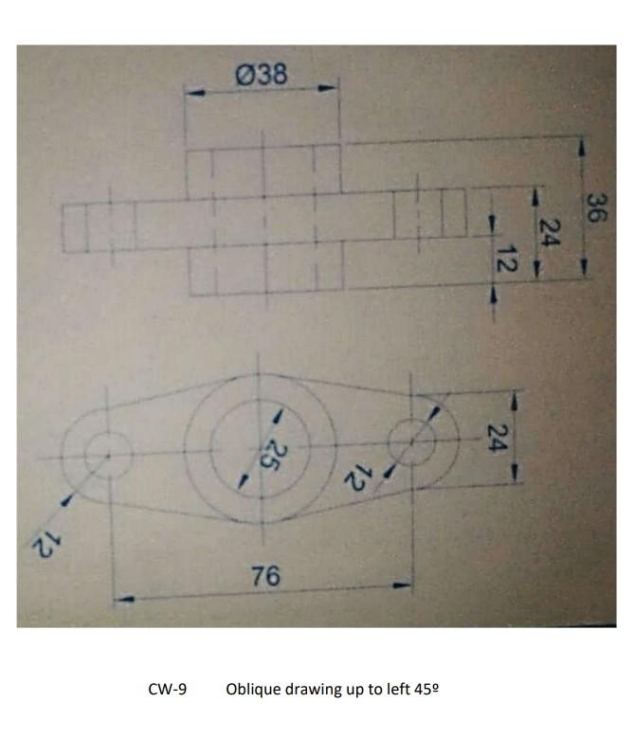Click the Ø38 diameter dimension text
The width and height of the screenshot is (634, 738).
point(261,74)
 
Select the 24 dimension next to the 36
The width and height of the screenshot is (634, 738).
point(549,231)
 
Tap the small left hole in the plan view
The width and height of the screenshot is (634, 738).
point(107,455)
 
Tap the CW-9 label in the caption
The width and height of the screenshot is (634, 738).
point(168,689)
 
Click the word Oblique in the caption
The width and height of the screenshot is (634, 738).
point(253,689)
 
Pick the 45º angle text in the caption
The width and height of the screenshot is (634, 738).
point(426,689)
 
